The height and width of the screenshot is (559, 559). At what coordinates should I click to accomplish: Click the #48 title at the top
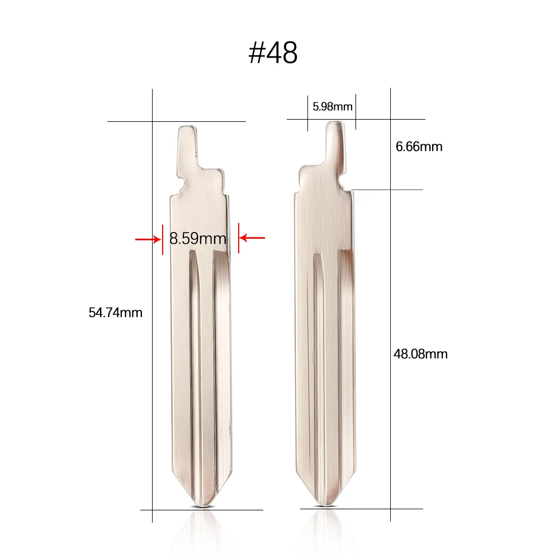click(x=273, y=53)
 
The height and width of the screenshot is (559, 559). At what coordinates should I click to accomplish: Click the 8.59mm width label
click(x=198, y=239)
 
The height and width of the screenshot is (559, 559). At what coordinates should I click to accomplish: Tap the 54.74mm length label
click(x=116, y=313)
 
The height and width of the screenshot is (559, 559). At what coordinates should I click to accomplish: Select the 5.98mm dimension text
click(x=332, y=106)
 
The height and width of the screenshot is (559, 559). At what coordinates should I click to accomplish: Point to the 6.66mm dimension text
click(x=419, y=147)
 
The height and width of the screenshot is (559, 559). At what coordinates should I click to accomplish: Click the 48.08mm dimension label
click(x=421, y=354)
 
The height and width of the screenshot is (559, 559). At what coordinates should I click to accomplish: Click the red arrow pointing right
click(x=147, y=239)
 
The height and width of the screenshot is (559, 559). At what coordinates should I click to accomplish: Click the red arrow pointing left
click(x=252, y=238)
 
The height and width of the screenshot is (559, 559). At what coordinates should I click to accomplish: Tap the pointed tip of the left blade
click(x=203, y=505)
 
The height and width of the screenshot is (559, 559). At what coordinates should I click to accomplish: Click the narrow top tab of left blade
click(x=188, y=145)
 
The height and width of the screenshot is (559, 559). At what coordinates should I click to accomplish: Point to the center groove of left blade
click(x=202, y=363)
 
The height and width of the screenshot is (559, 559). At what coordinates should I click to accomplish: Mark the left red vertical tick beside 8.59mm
click(x=163, y=239)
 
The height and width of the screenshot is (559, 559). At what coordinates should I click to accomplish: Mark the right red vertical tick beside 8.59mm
click(x=239, y=238)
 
